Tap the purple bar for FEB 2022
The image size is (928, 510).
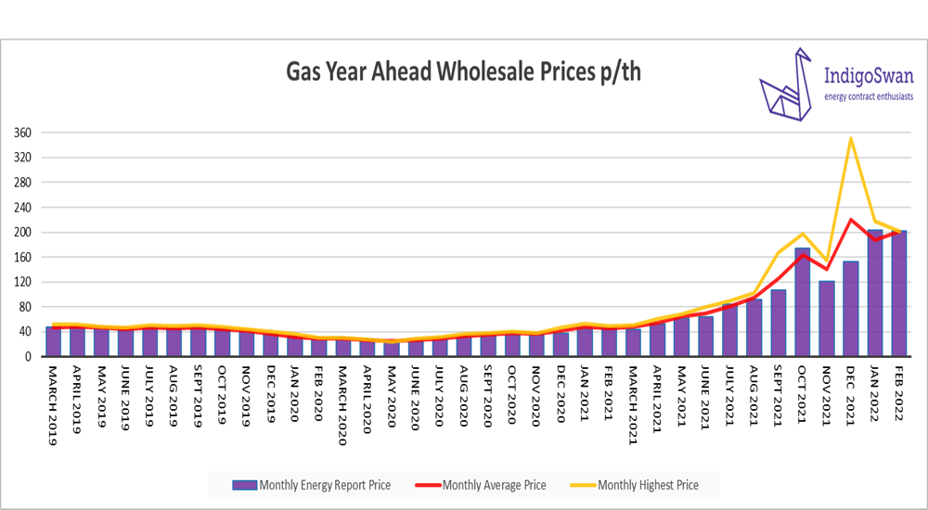[x=899, y=293]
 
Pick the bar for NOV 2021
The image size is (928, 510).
[x=827, y=318]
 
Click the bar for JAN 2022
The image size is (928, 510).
[x=875, y=293]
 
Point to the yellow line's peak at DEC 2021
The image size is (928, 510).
[x=851, y=139]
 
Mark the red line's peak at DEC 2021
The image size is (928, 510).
[x=851, y=220]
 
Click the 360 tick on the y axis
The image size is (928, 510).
[x=24, y=133]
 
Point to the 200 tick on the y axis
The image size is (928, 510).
[x=24, y=232]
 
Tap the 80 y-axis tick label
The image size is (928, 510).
[x=27, y=307]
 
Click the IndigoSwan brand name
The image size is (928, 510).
[x=863, y=78]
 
